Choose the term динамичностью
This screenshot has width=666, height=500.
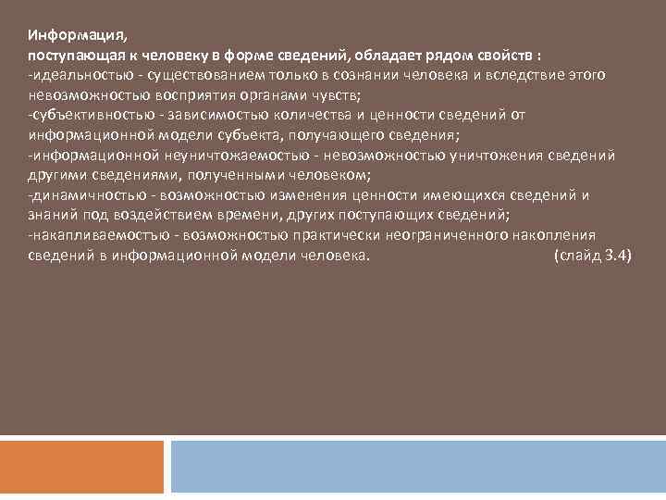(84, 195)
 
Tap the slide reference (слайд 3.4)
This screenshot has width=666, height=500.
(592, 256)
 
